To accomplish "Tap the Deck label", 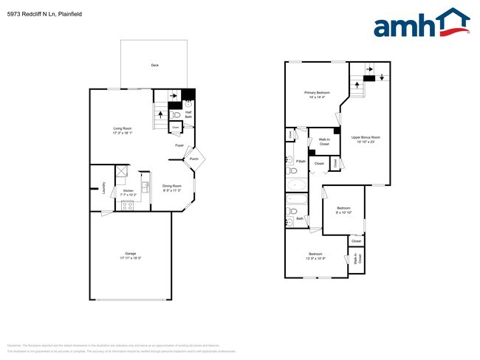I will point(155,66).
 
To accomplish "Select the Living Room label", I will point(123,130).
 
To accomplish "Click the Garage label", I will point(130,254).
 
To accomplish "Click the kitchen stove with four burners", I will point(128,205).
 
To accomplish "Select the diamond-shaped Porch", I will point(193,159).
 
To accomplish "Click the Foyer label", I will point(179,145).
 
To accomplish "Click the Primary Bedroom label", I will point(317,94).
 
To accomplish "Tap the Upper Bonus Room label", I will point(366,139).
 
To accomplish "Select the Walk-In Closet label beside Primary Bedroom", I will point(323,141).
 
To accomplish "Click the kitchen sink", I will point(146,186).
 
